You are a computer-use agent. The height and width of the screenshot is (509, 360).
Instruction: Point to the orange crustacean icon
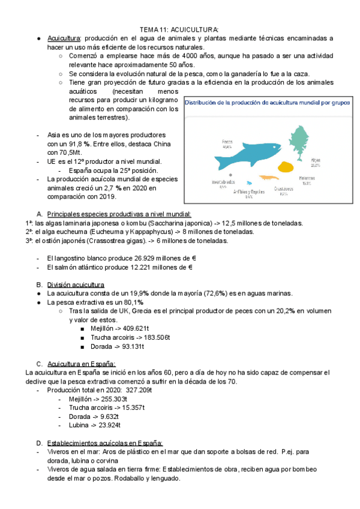click(268, 178)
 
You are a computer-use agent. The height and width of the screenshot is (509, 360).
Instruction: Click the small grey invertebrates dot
click(230, 175)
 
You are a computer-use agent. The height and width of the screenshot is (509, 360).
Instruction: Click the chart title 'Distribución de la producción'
click(267, 103)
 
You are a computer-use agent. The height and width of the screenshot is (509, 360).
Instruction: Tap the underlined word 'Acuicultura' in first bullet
click(64, 38)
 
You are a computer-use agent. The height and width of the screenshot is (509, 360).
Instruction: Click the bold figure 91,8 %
click(79, 144)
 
